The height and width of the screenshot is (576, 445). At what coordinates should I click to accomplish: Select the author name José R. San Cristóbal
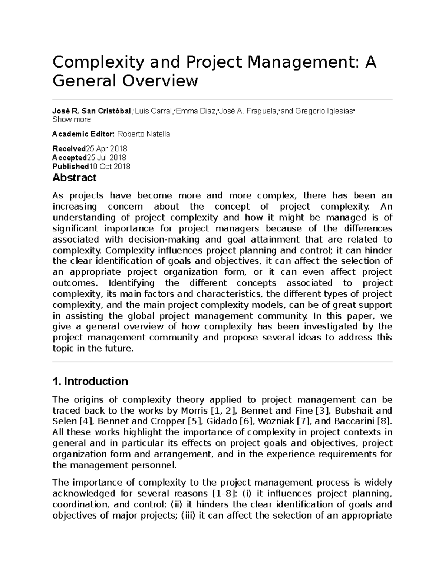(x=92, y=111)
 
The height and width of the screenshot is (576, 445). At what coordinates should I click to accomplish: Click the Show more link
(x=72, y=119)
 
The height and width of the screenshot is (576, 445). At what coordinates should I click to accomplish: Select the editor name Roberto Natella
(x=144, y=134)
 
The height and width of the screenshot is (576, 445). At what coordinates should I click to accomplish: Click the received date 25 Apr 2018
(x=107, y=149)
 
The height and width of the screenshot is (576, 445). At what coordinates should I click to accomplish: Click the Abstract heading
(x=74, y=178)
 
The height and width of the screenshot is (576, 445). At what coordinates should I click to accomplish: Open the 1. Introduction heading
(x=90, y=381)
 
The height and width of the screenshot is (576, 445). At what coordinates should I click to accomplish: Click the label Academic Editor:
(x=84, y=134)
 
